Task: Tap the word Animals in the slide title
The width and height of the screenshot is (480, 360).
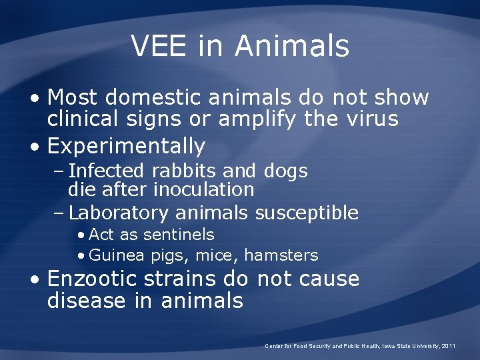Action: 291,46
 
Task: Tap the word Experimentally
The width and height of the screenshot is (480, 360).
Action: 126,145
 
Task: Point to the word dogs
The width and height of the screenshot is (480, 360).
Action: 285,171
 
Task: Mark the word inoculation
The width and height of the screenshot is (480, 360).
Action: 204,189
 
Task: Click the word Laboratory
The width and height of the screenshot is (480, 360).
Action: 119,213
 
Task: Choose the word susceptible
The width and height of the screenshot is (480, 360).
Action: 307,213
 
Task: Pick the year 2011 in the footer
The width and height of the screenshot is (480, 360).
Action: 449,346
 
